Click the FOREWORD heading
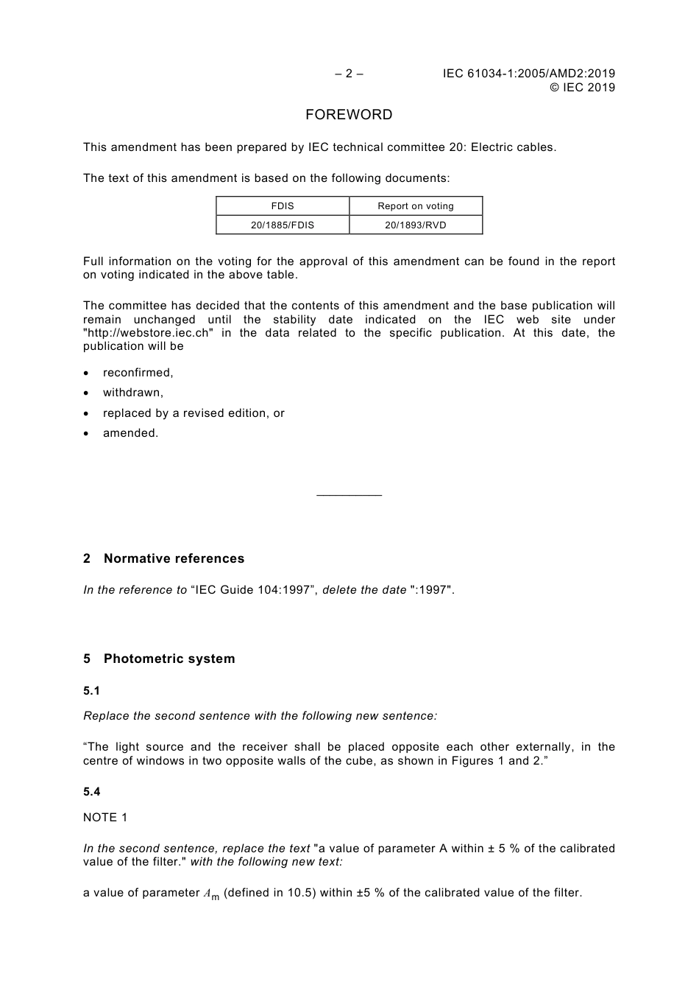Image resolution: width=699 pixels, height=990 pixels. [x=349, y=115]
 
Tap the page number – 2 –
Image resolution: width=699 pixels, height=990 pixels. [x=349, y=74]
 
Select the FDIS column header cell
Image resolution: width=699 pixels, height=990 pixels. [x=283, y=206]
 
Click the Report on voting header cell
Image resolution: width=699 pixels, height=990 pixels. [x=416, y=206]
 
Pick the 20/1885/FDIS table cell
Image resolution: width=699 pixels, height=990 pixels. [x=283, y=225]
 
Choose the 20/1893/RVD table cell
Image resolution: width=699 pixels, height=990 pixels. [x=416, y=225]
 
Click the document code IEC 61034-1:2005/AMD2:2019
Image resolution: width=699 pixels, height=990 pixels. [x=529, y=74]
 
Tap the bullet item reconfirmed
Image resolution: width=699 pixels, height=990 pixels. [x=138, y=373]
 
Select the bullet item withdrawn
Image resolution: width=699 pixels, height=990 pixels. [x=133, y=393]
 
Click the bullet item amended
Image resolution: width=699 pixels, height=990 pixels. [x=131, y=433]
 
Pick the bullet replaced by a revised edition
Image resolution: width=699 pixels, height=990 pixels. [x=194, y=413]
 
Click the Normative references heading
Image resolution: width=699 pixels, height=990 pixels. [x=174, y=559]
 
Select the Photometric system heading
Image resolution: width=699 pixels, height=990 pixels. [x=169, y=659]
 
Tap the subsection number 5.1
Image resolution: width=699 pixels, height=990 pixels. [x=92, y=691]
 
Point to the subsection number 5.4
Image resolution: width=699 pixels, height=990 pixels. [x=92, y=792]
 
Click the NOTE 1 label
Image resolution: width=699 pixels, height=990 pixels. [x=105, y=818]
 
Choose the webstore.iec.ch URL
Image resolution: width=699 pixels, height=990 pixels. [x=149, y=333]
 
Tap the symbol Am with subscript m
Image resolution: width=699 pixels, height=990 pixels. [x=211, y=894]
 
